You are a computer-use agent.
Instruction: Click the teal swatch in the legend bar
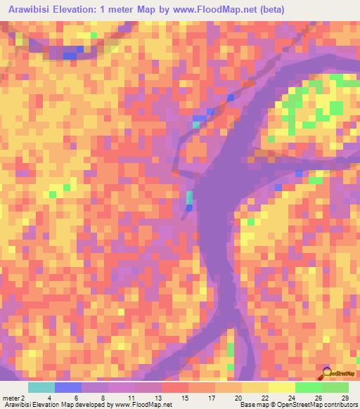[41, 387]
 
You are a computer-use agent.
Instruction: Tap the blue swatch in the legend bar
[68, 387]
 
